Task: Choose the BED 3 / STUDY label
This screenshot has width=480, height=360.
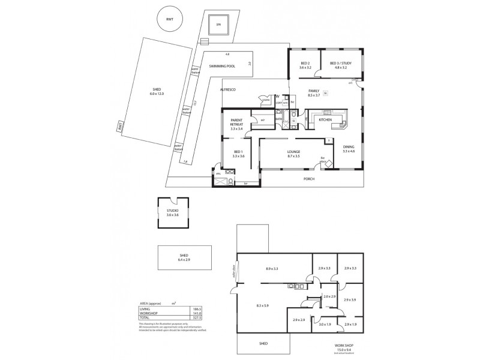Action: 340,63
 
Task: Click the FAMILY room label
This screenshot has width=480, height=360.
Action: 314,91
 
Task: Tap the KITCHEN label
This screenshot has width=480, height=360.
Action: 325,120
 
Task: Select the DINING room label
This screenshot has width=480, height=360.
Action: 349,147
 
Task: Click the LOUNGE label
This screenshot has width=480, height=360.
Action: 293,152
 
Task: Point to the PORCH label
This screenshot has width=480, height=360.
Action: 309,179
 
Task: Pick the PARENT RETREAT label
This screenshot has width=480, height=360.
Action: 236,122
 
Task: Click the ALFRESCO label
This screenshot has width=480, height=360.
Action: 227,89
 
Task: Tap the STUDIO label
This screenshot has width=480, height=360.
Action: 173,211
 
